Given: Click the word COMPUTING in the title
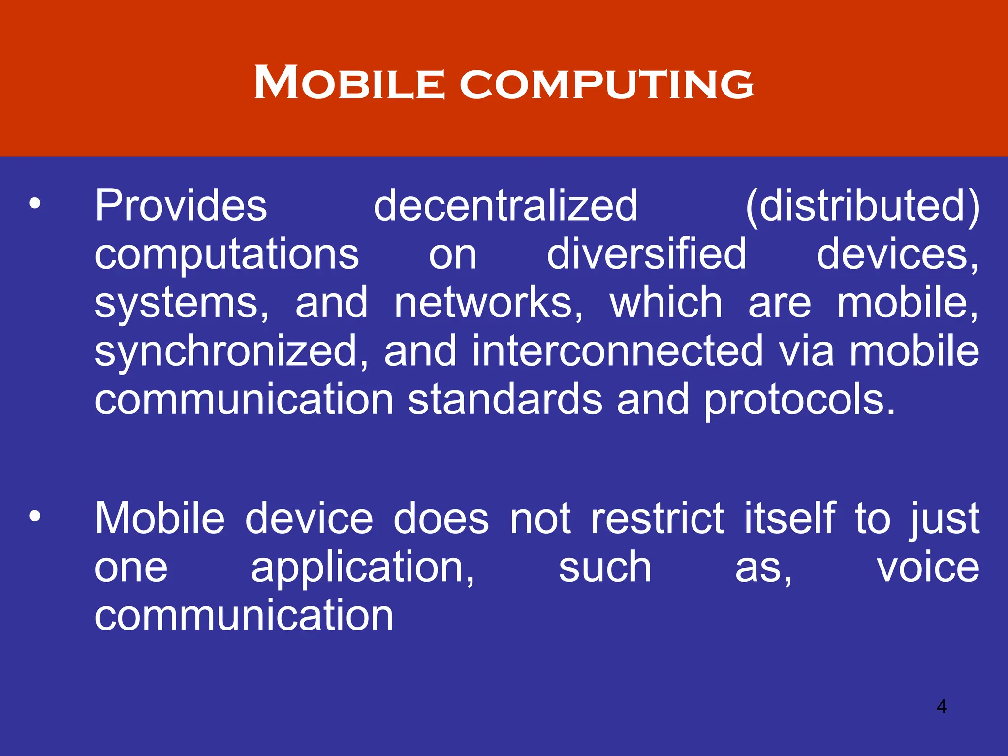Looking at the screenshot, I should [x=606, y=84].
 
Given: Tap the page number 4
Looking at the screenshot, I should [x=942, y=706].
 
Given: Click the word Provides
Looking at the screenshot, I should [x=181, y=206].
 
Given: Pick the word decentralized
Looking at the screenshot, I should [x=505, y=206].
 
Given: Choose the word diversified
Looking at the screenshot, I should [x=647, y=254].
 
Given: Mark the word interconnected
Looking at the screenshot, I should [x=617, y=351].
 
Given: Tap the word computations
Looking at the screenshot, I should [x=227, y=255].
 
